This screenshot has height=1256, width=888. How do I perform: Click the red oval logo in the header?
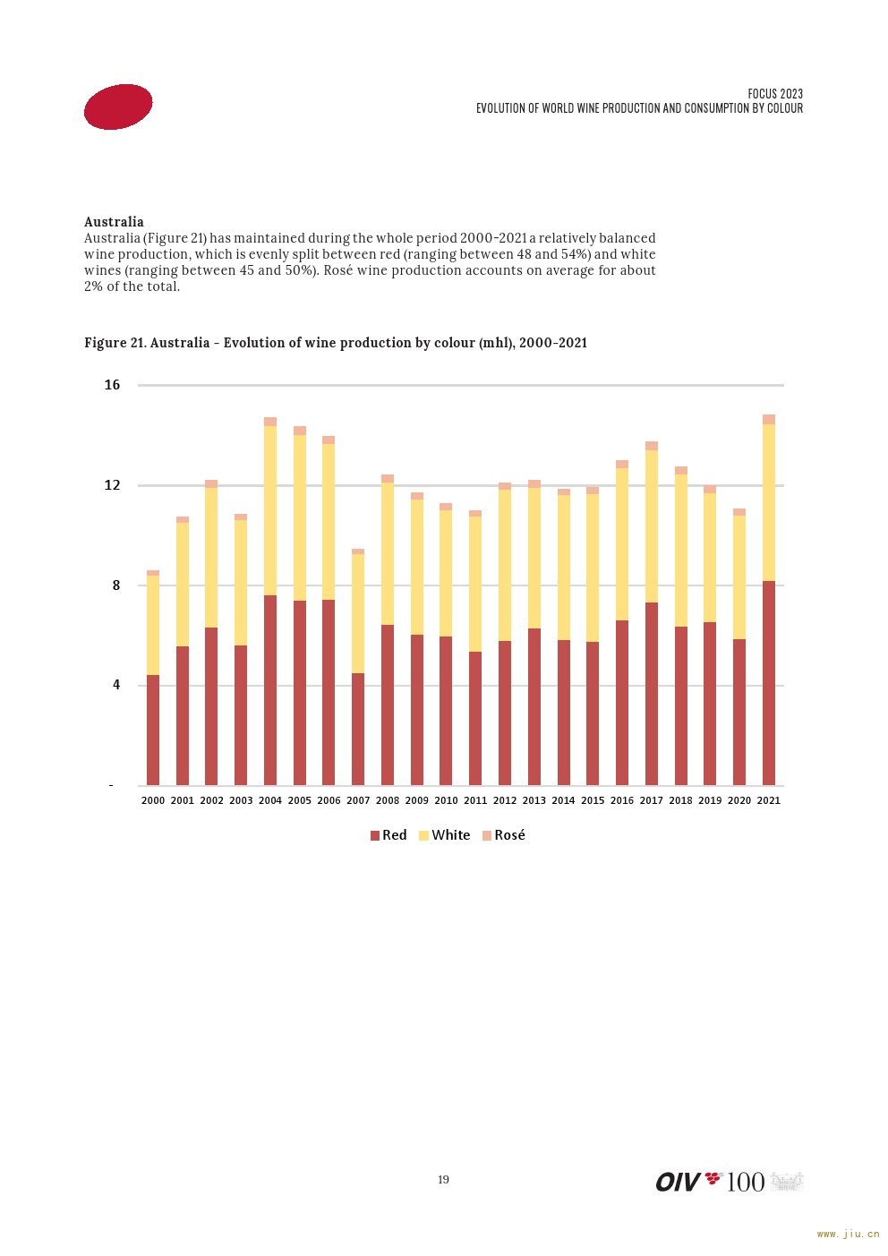click(x=118, y=107)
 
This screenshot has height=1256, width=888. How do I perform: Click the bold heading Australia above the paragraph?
click(x=114, y=221)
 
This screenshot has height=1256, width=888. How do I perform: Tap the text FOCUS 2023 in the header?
click(x=774, y=94)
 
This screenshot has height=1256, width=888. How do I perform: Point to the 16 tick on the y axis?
click(x=112, y=385)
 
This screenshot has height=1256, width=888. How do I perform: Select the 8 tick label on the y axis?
click(x=116, y=585)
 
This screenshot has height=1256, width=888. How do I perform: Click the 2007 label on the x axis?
click(x=358, y=800)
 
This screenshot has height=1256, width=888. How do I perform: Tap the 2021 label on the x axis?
click(x=768, y=800)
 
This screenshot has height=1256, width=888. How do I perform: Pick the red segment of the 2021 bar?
click(x=769, y=683)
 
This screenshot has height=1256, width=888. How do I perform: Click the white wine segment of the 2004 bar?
click(x=270, y=510)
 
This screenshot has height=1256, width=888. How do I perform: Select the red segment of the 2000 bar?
click(x=153, y=730)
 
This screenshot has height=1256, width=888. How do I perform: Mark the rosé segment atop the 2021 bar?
click(x=769, y=420)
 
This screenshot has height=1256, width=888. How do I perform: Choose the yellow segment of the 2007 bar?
click(x=358, y=613)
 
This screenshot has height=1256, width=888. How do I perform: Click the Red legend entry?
click(x=388, y=835)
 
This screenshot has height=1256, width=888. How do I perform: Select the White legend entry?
click(x=444, y=835)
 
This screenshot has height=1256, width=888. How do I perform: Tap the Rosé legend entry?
click(x=503, y=835)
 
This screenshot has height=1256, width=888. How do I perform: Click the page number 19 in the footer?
click(x=443, y=1180)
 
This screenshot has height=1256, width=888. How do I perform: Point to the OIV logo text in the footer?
click(x=678, y=1182)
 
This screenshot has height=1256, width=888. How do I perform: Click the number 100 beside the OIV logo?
click(x=745, y=1182)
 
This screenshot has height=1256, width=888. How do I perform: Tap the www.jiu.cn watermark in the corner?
click(x=849, y=1234)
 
